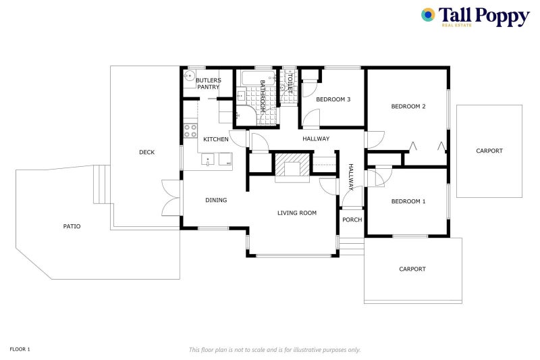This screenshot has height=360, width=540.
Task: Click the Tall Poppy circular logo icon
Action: pos(428,15)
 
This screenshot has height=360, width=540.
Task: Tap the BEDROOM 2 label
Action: pos(408,107)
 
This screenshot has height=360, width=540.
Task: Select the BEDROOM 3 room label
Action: pos(333,99)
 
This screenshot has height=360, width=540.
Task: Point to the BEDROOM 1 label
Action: pos(408,201)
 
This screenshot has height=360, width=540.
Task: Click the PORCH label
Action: pos(352,220)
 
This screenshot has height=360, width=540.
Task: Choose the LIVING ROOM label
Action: pos(297,213)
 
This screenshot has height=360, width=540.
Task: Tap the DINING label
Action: pos(216,200)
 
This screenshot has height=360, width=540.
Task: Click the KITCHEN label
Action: pos(216,139)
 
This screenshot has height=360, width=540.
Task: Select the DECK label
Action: pos(146,152)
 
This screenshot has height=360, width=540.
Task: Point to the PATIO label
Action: pos(72,226)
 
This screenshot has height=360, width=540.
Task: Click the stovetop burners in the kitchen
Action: pos(190,130)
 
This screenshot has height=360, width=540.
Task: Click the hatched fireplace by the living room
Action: pos(292,165)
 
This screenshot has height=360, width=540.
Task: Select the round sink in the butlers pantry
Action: pos(189,76)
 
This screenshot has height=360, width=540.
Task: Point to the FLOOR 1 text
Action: pos(20,349)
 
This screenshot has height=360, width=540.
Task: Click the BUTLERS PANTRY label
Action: pos(209,84)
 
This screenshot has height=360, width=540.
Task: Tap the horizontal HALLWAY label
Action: pos(316,139)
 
